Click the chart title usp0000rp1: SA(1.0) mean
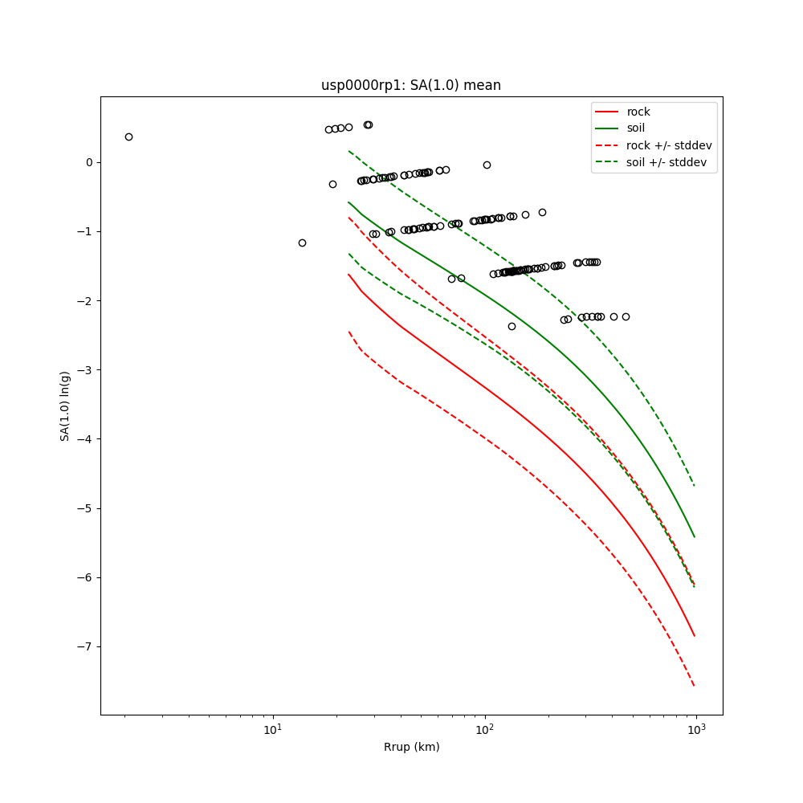[x=411, y=85]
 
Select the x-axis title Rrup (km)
[x=411, y=747]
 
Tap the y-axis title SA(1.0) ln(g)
[x=64, y=406]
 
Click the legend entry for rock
[x=638, y=112]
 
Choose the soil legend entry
[x=635, y=128]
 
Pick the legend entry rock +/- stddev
[x=669, y=145]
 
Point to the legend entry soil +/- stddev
[x=668, y=162]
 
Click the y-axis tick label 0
[x=89, y=162]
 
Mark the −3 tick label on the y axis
[x=86, y=370]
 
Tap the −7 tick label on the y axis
[x=86, y=646]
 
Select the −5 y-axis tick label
[x=86, y=508]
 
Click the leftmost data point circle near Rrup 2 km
[x=128, y=137]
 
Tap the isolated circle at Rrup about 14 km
[x=302, y=243]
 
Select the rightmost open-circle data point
[x=626, y=316]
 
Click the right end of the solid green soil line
[x=695, y=537]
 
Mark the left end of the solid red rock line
[x=349, y=275]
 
